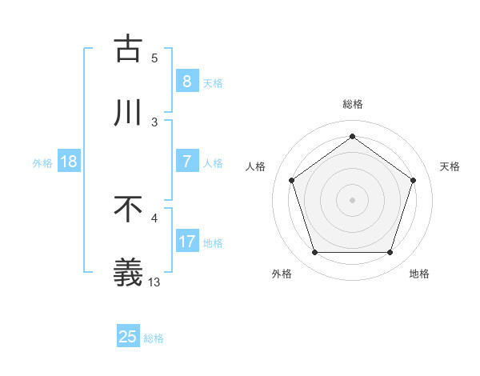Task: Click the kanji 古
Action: (x=128, y=49)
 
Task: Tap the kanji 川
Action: (x=128, y=113)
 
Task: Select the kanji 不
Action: (x=128, y=209)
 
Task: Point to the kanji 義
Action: (x=128, y=273)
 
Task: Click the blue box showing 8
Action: (x=186, y=81)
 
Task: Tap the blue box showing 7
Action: (x=186, y=162)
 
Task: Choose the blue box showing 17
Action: (x=186, y=241)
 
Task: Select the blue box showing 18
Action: (x=69, y=162)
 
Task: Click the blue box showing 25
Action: (x=128, y=337)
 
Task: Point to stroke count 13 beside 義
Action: (x=155, y=282)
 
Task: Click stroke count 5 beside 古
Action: (x=154, y=58)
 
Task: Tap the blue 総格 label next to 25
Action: (x=154, y=338)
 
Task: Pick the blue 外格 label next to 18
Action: (x=42, y=163)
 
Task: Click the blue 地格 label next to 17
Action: (x=213, y=243)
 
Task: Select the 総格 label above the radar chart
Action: (x=353, y=104)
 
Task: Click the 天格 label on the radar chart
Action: (x=450, y=166)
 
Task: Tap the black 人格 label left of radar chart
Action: (x=256, y=166)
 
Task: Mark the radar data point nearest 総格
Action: (x=353, y=137)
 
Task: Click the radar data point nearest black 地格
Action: (x=390, y=253)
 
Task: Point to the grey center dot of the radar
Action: (x=353, y=200)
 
